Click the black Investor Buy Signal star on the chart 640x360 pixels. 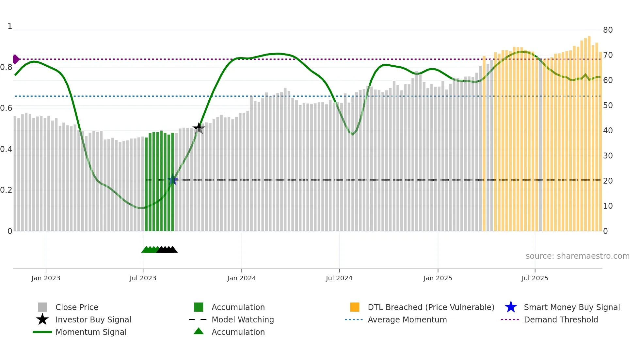(x=199, y=128)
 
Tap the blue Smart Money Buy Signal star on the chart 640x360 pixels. (x=172, y=180)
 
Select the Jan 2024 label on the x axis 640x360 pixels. (x=241, y=278)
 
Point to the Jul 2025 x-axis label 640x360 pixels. (x=535, y=278)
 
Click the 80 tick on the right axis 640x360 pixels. (x=608, y=30)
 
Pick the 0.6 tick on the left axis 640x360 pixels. (x=6, y=108)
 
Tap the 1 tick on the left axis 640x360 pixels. (x=10, y=26)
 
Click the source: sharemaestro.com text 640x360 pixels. (x=577, y=256)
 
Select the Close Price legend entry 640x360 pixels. (x=77, y=307)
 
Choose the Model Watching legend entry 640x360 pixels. (x=242, y=319)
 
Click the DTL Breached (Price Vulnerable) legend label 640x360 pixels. (x=431, y=307)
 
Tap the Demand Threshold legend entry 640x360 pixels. (x=561, y=319)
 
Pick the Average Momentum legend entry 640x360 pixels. (x=407, y=319)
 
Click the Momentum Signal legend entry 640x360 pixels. (x=91, y=332)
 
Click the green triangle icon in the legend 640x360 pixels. (x=199, y=331)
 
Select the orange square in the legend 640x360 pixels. (x=355, y=307)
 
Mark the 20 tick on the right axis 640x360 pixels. (x=608, y=181)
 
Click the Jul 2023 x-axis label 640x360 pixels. (x=143, y=278)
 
